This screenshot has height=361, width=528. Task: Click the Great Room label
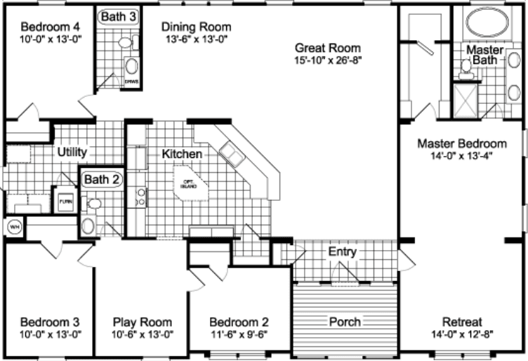tap(328, 48)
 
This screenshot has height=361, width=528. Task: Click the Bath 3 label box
tap(114, 16)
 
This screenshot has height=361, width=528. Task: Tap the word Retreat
tap(461, 322)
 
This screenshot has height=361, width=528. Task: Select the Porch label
tap(345, 322)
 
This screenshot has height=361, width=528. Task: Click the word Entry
tap(342, 251)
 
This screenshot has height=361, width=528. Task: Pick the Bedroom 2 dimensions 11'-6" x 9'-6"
tap(240, 334)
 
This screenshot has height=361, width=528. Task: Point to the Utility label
tap(72, 152)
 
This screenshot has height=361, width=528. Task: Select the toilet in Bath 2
tap(94, 204)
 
